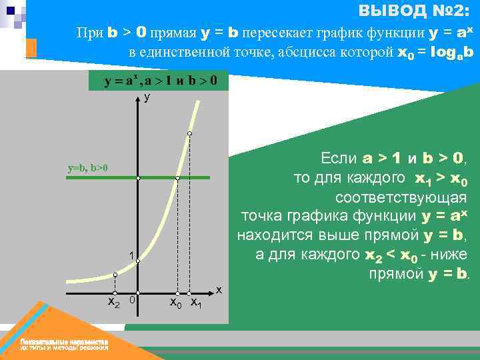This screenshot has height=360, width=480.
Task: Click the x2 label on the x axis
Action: (114, 303)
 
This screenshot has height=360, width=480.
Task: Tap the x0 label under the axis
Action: (176, 303)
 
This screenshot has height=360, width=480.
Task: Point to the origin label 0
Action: (133, 301)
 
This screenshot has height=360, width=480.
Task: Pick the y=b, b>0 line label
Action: (88, 168)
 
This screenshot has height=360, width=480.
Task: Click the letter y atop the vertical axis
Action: (147, 97)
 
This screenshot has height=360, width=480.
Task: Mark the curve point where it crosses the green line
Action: (177, 178)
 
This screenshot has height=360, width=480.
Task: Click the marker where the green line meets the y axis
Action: (138, 178)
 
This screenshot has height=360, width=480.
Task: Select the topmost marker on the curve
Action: (190, 135)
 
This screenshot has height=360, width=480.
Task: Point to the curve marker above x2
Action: (115, 275)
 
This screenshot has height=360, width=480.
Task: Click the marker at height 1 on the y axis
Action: (138, 261)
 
